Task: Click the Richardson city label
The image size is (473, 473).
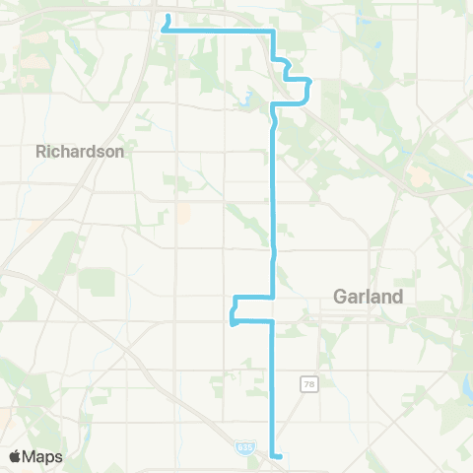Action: point(80,152)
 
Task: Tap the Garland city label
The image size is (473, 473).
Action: point(369,296)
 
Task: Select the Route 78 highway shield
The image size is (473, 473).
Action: point(306,382)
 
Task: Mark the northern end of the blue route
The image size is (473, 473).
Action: point(169,17)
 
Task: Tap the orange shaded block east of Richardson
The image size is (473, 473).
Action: point(184,213)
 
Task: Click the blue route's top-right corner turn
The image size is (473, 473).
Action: point(273,33)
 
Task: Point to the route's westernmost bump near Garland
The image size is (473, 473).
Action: point(232,317)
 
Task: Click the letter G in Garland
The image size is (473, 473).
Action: point(340,296)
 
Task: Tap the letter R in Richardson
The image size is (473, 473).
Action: point(40,152)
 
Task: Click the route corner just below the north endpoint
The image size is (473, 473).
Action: point(162,32)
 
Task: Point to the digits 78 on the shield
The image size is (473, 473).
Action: point(306,382)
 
